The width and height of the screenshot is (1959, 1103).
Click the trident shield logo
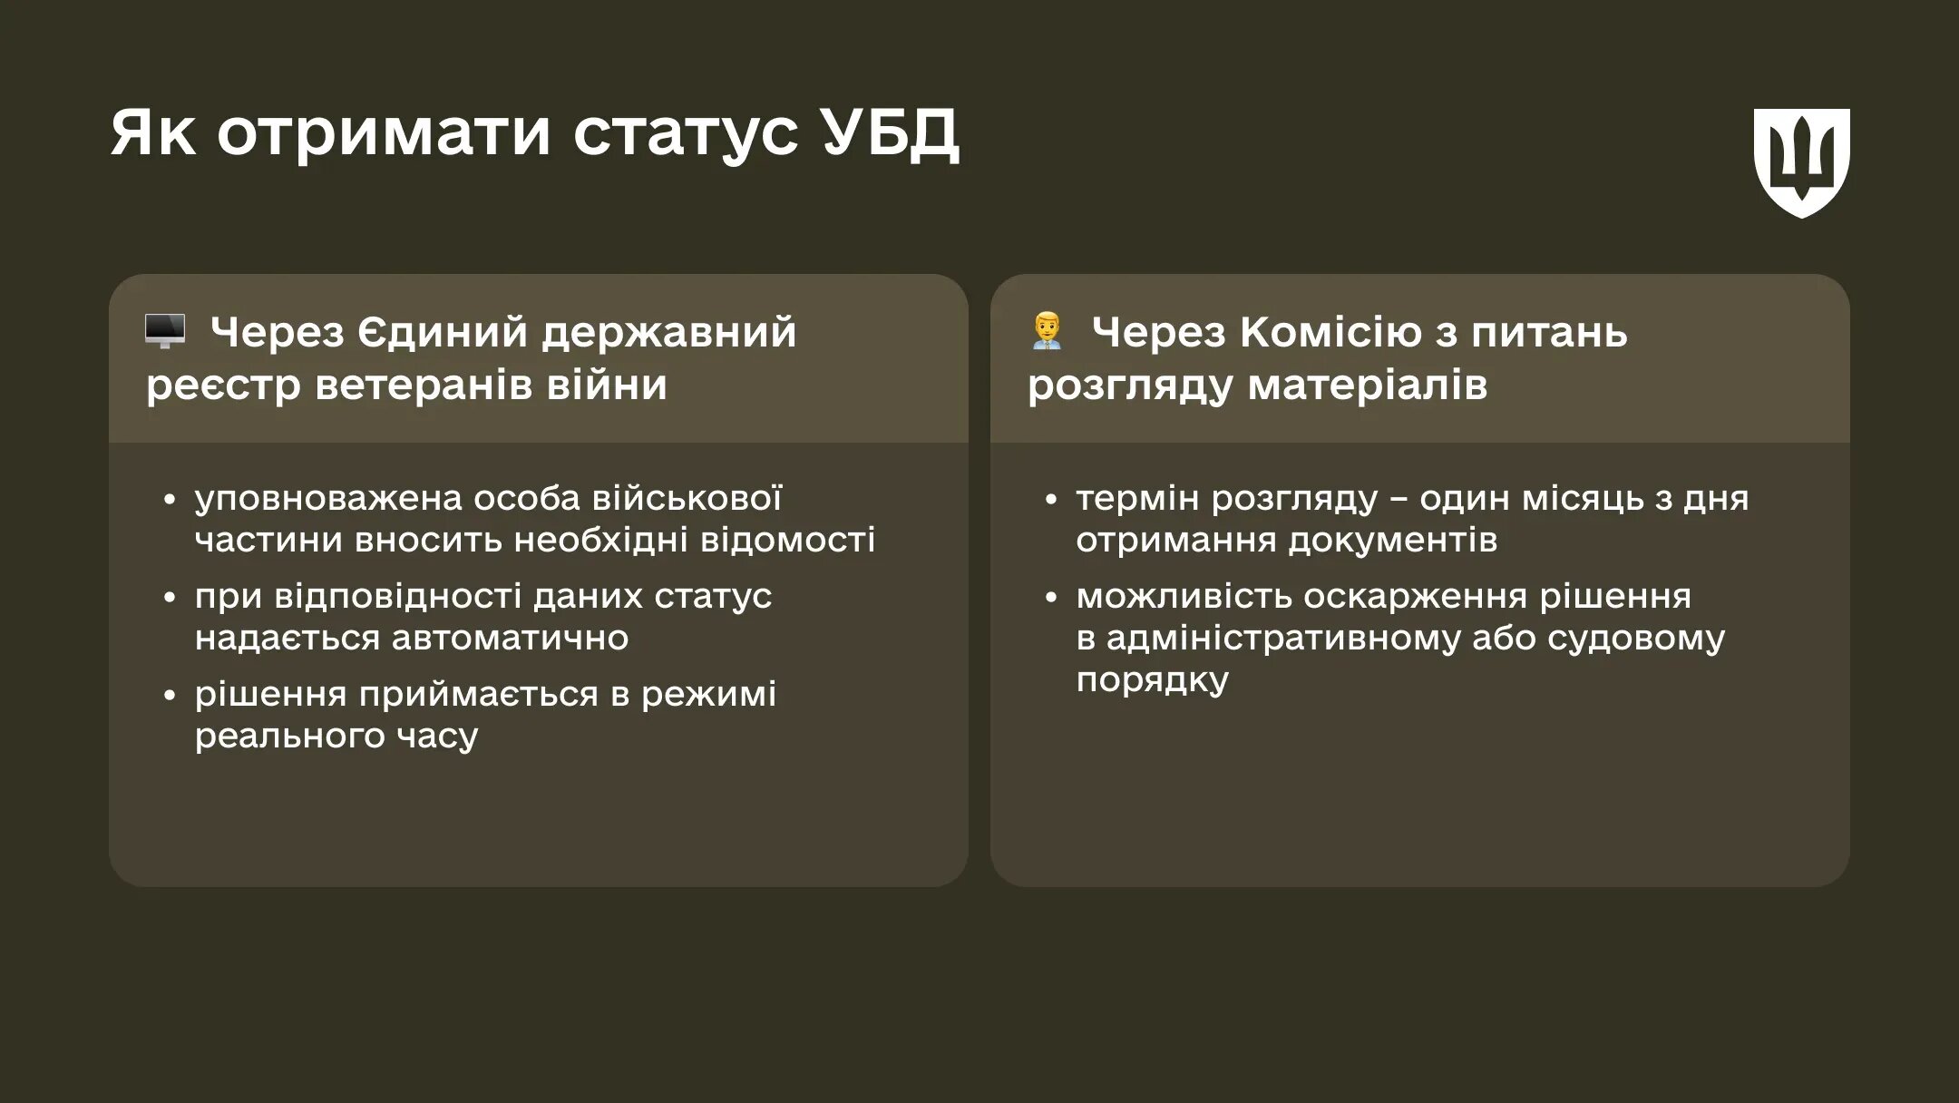(x=1801, y=161)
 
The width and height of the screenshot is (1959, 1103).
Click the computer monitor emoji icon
(x=165, y=331)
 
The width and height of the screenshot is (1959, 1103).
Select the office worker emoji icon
(x=1047, y=331)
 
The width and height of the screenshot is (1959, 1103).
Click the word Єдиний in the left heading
(x=443, y=332)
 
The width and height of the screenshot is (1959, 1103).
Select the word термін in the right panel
(x=1137, y=498)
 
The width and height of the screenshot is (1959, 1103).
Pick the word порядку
(x=1153, y=680)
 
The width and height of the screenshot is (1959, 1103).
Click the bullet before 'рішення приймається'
(x=169, y=696)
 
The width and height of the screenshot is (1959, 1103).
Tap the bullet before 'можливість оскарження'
(x=1050, y=598)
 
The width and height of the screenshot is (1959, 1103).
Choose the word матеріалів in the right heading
(x=1367, y=385)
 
